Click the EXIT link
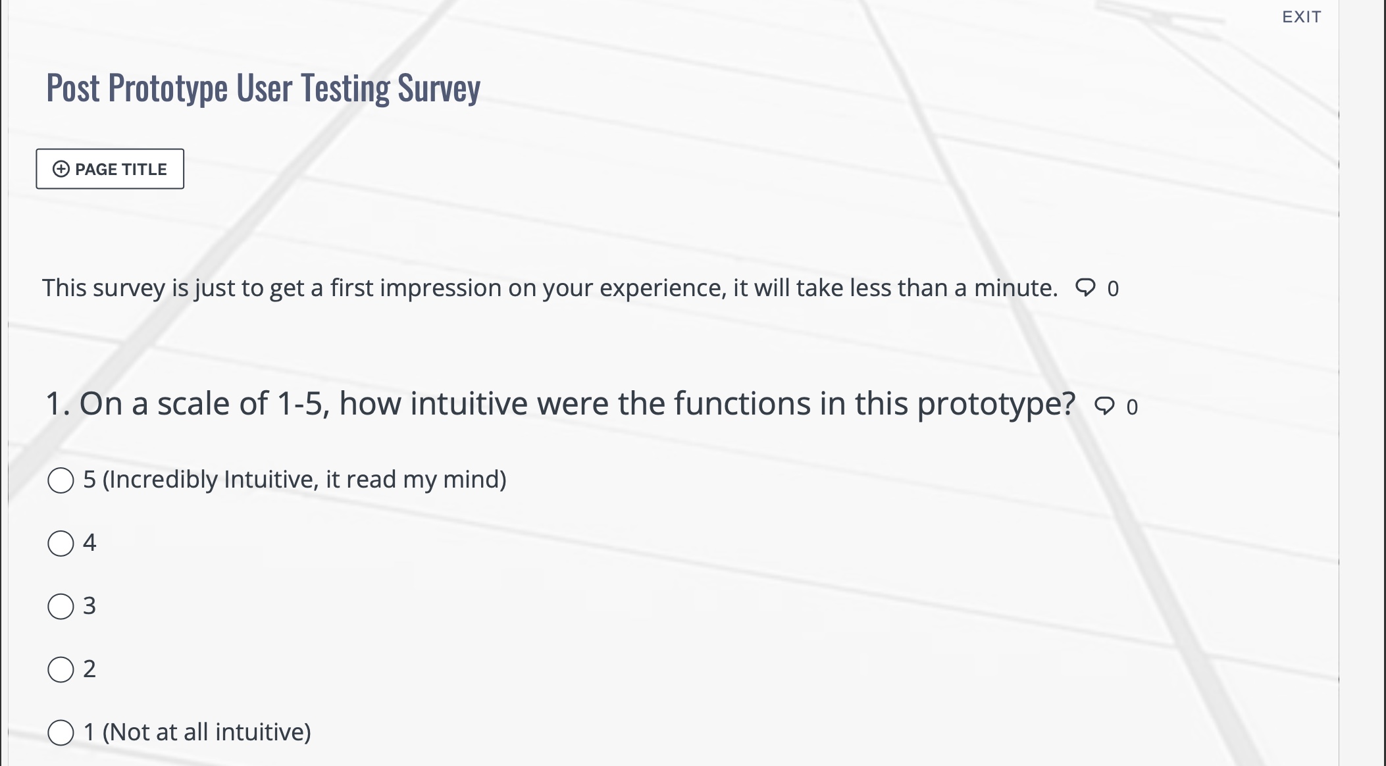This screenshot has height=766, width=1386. (x=1301, y=17)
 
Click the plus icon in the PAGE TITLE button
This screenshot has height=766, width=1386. (x=61, y=169)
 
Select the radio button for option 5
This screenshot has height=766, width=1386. (x=61, y=480)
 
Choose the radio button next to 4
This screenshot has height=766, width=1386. (x=61, y=544)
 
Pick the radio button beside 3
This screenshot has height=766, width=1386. (x=61, y=606)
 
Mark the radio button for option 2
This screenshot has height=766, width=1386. (x=61, y=669)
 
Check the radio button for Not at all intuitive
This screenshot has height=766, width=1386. (x=61, y=732)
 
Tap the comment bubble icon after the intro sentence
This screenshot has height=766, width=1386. (x=1085, y=288)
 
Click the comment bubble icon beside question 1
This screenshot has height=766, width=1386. (x=1104, y=406)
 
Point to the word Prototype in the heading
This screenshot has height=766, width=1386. (x=168, y=88)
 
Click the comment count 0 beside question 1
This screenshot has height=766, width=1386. (x=1132, y=407)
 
